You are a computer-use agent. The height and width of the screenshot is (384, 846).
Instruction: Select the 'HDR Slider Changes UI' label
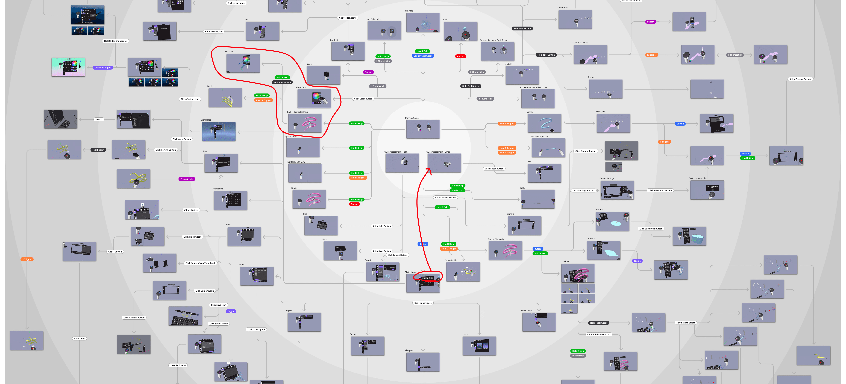pyautogui.click(x=116, y=41)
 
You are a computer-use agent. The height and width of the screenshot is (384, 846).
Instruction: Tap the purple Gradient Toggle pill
pyautogui.click(x=103, y=68)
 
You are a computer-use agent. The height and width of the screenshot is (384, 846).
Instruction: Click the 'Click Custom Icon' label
pyautogui.click(x=190, y=99)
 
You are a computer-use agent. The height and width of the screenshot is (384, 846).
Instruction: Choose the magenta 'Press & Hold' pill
pyautogui.click(x=187, y=179)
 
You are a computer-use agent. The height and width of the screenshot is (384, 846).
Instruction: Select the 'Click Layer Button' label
pyautogui.click(x=494, y=169)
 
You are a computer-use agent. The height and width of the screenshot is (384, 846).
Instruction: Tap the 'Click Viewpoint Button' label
pyautogui.click(x=660, y=190)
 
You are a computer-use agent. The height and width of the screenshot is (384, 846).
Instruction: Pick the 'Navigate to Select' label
pyautogui.click(x=685, y=323)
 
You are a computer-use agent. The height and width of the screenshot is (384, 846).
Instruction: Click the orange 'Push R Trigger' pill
pyautogui.click(x=263, y=100)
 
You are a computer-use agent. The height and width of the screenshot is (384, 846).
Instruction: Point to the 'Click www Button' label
pyautogui.click(x=182, y=139)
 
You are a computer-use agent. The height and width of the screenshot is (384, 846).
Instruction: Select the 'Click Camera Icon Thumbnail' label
pyautogui.click(x=200, y=263)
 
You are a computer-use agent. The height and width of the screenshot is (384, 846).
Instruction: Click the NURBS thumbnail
pyautogui.click(x=612, y=221)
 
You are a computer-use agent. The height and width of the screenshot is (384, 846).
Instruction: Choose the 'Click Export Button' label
pyautogui.click(x=397, y=255)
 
